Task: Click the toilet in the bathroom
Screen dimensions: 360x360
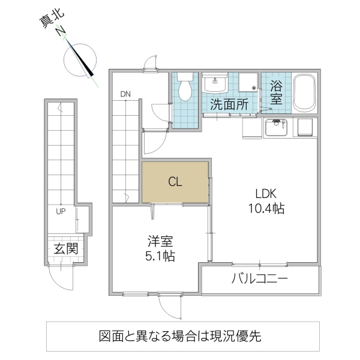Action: (185, 88)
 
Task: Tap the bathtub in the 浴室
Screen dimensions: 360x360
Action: (306, 94)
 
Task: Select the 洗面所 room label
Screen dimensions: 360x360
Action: (229, 104)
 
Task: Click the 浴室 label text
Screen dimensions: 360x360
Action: (276, 92)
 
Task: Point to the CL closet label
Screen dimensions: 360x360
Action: (175, 181)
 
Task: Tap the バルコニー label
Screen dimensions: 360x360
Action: (259, 279)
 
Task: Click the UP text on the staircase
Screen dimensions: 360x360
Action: (61, 211)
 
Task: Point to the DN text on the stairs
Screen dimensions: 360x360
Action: (125, 94)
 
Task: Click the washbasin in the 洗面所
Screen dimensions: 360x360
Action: (215, 84)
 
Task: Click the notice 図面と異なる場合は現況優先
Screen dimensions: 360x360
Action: (180, 337)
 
